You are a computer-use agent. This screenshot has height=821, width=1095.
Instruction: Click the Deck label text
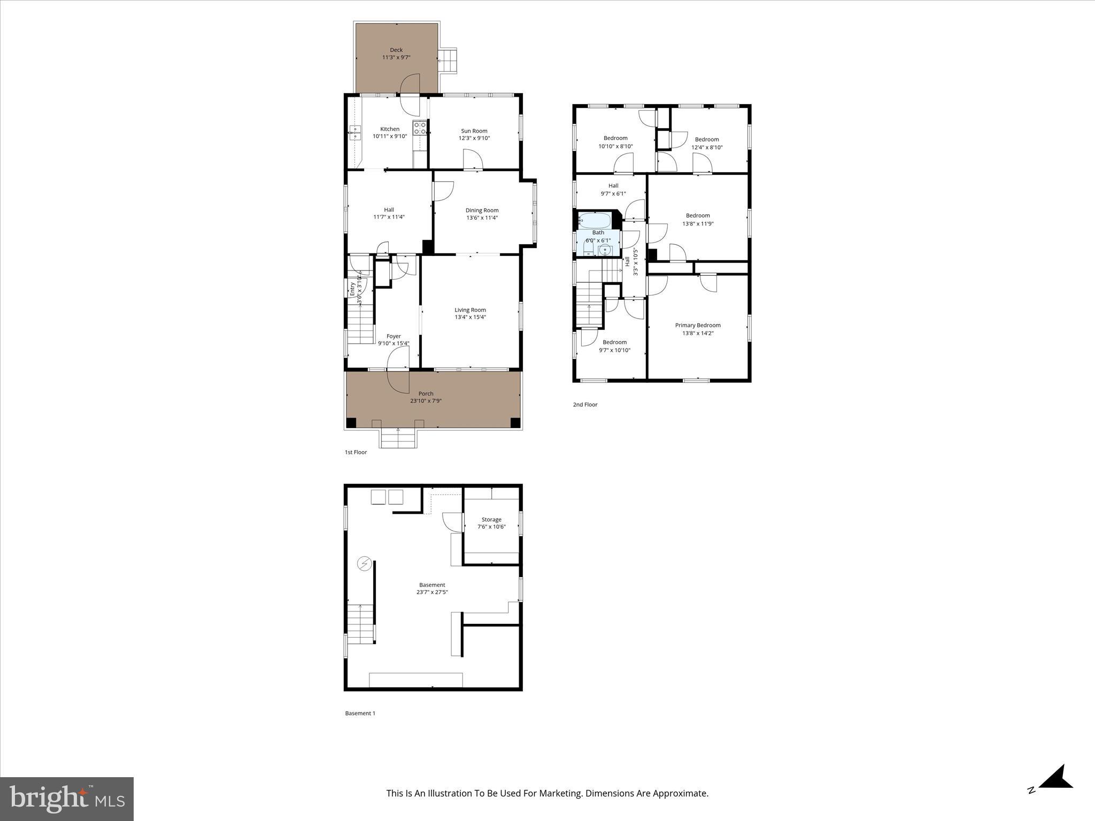[x=396, y=50]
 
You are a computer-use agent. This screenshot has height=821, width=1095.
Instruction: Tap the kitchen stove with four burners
[x=420, y=128]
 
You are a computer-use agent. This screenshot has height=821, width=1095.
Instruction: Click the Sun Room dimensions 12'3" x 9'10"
[x=474, y=138]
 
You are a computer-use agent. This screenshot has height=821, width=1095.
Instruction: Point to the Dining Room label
[x=482, y=210]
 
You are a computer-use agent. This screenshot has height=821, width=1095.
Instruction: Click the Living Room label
[x=470, y=309]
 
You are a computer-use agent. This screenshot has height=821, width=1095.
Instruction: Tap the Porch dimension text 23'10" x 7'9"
[x=426, y=401]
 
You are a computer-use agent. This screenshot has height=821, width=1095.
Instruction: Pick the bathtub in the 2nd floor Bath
[x=594, y=220]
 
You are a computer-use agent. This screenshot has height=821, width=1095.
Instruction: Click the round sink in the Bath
[x=605, y=250]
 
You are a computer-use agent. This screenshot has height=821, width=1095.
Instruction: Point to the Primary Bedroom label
[x=697, y=325]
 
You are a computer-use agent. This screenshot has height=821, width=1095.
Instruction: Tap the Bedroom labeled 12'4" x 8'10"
[x=706, y=143]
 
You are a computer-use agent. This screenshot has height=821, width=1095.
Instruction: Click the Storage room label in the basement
[x=491, y=520]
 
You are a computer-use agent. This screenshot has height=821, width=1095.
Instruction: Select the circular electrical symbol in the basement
[x=365, y=564]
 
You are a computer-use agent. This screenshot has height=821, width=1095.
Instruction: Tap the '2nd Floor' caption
[x=585, y=405]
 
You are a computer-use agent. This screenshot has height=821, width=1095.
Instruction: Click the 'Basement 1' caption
[x=360, y=713]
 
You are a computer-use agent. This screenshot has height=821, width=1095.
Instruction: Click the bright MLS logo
[x=67, y=799]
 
